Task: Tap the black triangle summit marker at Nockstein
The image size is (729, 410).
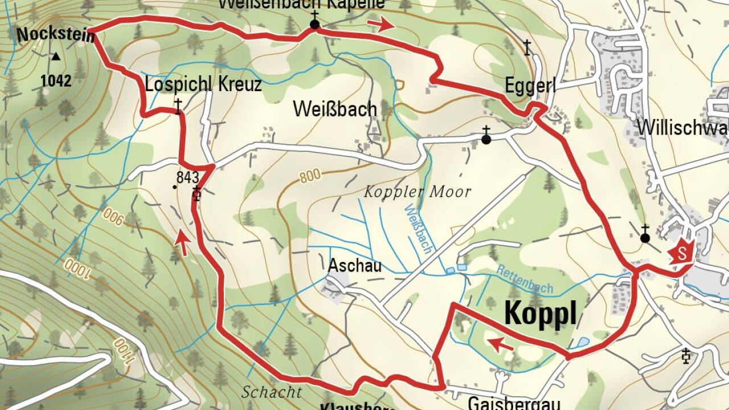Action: [56, 56]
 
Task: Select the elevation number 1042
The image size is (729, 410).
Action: [56, 81]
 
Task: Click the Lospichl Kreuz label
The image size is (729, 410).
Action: [203, 85]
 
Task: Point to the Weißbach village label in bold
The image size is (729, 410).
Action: [335, 109]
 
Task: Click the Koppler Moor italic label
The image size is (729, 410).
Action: [417, 192]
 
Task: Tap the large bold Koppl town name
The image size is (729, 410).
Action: [540, 313]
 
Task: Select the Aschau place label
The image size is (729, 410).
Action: [354, 265]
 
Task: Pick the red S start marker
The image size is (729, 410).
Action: [683, 252]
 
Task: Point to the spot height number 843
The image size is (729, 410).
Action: [187, 176]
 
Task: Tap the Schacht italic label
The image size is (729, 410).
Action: [271, 392]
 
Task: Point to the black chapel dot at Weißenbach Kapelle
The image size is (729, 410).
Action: [314, 24]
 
